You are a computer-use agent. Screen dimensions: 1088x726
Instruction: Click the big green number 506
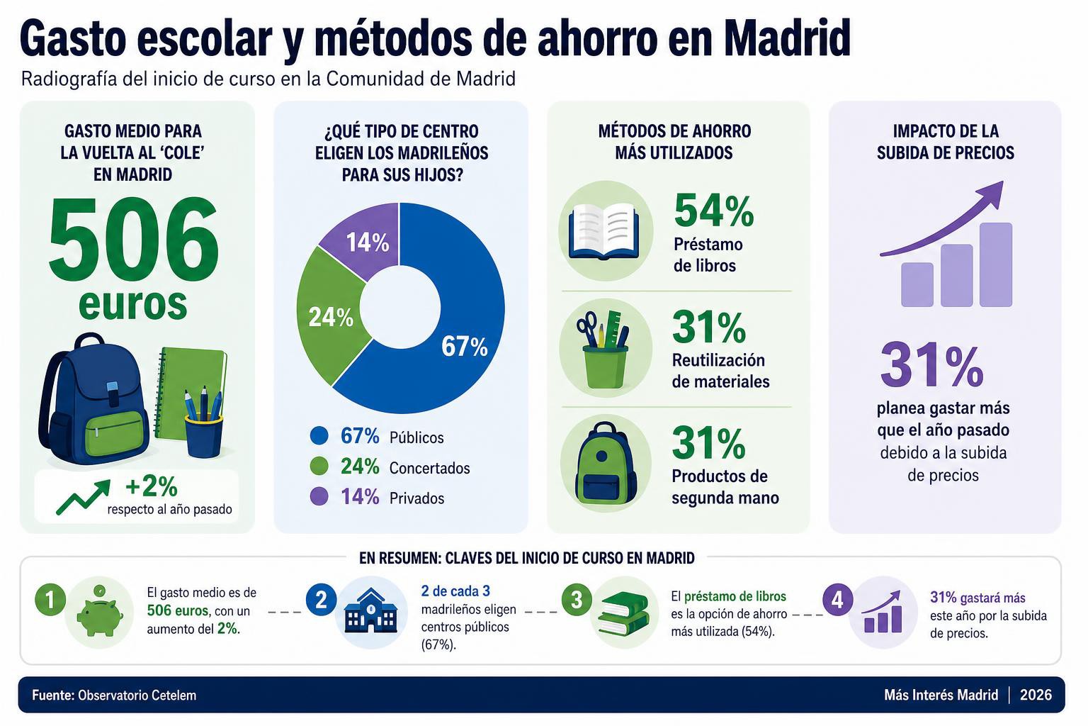134,242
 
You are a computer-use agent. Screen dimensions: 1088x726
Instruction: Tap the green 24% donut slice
329,316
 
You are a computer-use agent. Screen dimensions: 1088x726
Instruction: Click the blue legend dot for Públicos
319,436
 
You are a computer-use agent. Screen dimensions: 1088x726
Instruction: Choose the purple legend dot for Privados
319,496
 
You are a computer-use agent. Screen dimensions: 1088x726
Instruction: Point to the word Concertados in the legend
430,468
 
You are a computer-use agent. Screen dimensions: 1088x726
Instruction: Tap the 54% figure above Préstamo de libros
714,211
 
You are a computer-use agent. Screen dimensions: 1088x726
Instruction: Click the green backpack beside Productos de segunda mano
606,464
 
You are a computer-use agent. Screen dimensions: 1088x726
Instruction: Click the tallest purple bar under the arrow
996,264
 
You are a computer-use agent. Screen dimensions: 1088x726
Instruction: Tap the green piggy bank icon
99,615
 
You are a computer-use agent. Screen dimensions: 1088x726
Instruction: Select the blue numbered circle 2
321,600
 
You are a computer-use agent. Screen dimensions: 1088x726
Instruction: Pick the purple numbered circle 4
837,600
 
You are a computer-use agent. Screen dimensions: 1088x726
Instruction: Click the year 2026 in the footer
1036,695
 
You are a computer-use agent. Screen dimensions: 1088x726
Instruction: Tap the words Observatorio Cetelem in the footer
137,696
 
